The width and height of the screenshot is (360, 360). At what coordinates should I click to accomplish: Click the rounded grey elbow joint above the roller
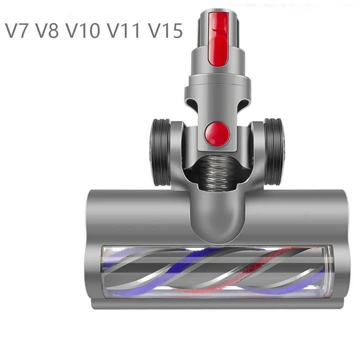click(218, 216)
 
